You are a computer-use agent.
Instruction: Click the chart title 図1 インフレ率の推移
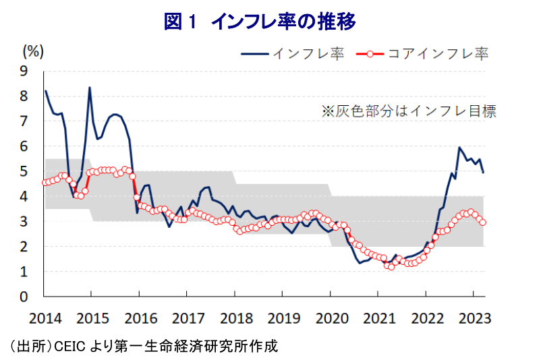pos(260,22)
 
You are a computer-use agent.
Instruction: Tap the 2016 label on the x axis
pos(140,318)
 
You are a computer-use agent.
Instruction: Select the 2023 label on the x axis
pos(474,318)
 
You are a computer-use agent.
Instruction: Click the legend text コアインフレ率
pos(438,53)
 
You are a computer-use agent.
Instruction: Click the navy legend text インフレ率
pos(308,53)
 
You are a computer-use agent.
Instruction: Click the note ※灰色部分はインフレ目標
pos(408,112)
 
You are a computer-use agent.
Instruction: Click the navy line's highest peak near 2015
pos(90,88)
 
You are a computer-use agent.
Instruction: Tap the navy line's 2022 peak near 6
pos(459,147)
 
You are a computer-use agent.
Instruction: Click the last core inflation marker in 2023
pos(483,222)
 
